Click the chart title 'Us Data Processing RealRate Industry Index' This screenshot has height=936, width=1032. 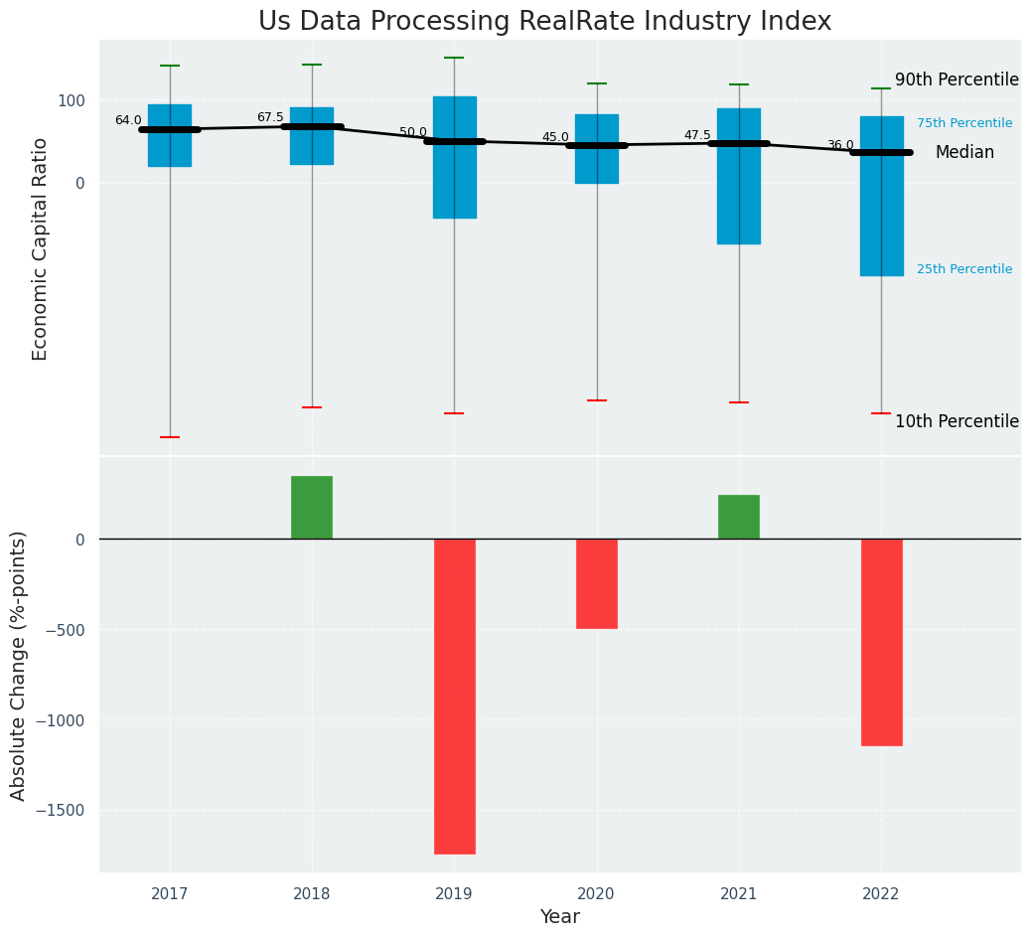pos(544,22)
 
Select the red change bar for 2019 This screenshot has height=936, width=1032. pos(454,696)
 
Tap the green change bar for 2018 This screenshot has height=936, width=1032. pos(312,508)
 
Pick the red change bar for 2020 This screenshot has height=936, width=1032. pos(597,583)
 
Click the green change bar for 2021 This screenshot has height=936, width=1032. pos(739,517)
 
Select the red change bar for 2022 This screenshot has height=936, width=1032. pos(881,642)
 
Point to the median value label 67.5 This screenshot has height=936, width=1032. pos(270,117)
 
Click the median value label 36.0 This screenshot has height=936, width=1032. pos(840,145)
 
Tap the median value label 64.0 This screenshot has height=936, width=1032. pos(128,120)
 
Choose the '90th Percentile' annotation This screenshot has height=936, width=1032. pos(957,79)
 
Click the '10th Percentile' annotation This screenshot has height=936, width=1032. pos(957,421)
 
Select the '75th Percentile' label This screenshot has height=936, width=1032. pos(964,123)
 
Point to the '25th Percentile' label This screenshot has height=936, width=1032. pos(964,269)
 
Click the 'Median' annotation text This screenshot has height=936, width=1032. pos(964,152)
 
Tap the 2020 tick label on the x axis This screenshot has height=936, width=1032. pos(597,894)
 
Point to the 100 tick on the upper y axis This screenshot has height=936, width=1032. pos(70,100)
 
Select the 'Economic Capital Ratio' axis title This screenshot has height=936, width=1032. pos(41,248)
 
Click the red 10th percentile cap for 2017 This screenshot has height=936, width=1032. pos(170,437)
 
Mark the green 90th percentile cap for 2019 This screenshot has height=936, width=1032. pos(454,58)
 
